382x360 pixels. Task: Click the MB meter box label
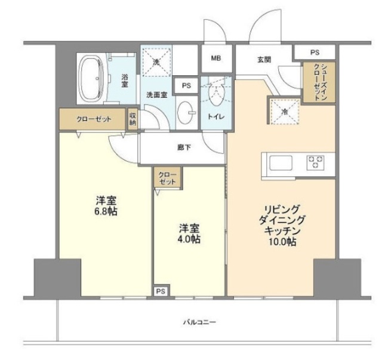[215, 58]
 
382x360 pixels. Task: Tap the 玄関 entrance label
[264, 59]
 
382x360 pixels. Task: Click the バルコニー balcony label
[199, 322]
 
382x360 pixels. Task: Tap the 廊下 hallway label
[183, 147]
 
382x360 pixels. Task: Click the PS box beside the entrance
[314, 53]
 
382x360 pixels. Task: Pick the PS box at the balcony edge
[160, 291]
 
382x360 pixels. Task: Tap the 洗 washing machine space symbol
[156, 62]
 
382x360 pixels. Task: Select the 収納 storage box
[133, 119]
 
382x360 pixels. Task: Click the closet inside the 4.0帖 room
[168, 177]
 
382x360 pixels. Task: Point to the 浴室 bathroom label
[125, 79]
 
